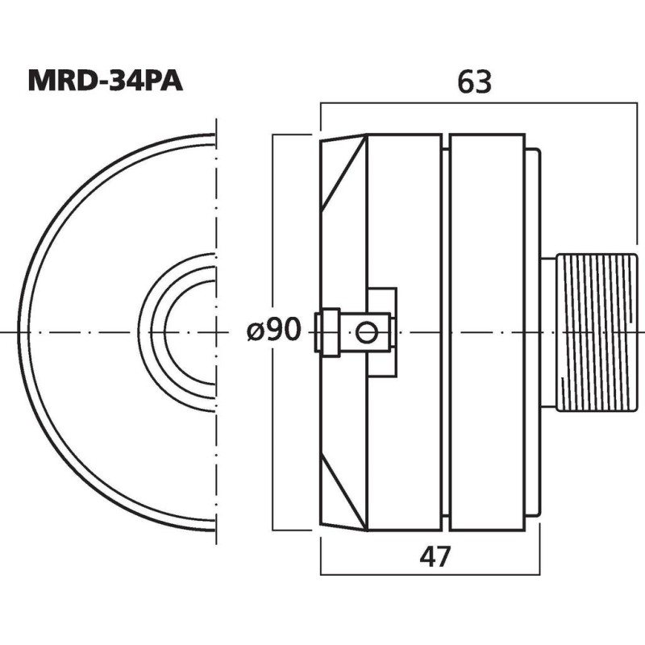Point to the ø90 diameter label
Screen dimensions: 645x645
tap(274, 330)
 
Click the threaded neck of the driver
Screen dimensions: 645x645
tap(597, 332)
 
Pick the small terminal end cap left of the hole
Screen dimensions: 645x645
tap(327, 332)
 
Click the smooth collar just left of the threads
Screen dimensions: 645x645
tap(548, 332)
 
